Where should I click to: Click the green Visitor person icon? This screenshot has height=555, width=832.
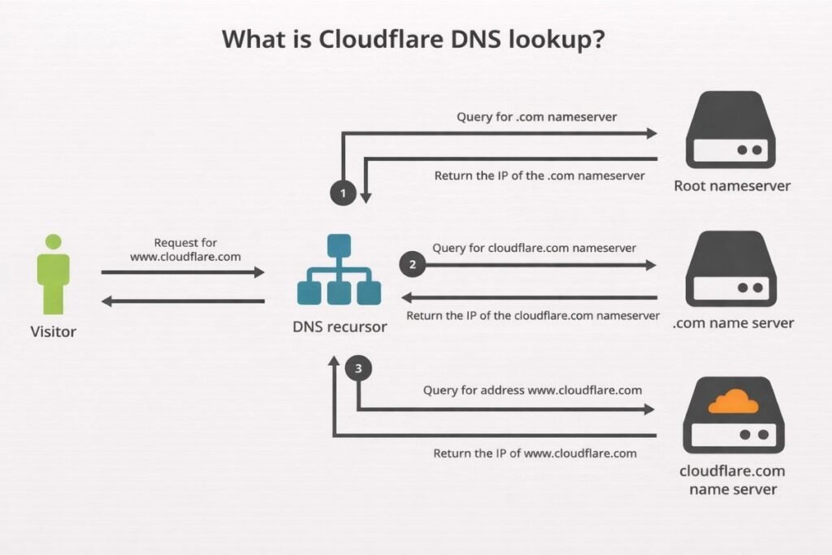click(x=54, y=275)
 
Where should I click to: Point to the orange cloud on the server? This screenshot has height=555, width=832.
click(x=733, y=401)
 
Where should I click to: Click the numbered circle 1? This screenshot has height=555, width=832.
click(x=344, y=193)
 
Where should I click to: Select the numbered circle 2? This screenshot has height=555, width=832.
click(x=412, y=264)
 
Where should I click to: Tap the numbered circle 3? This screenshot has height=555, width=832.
click(x=358, y=369)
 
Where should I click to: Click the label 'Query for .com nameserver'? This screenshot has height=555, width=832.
click(x=535, y=116)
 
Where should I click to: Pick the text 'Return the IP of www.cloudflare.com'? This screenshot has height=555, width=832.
click(x=535, y=453)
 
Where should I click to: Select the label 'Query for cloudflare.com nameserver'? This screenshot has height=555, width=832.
click(x=534, y=248)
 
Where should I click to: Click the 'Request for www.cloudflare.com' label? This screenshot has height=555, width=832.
click(x=185, y=249)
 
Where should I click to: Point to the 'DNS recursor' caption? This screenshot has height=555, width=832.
click(x=340, y=327)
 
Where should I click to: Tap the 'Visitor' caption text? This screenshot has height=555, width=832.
click(x=54, y=331)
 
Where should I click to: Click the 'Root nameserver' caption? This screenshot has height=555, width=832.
click(x=732, y=185)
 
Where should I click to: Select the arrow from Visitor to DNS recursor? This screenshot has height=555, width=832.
click(x=183, y=272)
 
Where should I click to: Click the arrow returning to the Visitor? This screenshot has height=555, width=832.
click(x=183, y=301)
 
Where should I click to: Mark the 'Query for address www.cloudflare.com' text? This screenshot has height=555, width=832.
click(x=532, y=390)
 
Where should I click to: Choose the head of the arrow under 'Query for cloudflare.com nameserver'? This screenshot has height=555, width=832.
click(x=649, y=265)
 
